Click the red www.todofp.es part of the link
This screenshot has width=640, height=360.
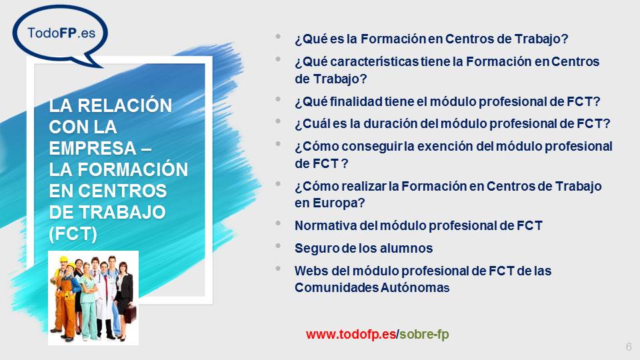351,334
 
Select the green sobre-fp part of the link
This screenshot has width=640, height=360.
423,334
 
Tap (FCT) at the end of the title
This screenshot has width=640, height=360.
73,233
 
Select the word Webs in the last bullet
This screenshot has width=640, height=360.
309,271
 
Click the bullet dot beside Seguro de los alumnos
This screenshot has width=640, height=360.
278,246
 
